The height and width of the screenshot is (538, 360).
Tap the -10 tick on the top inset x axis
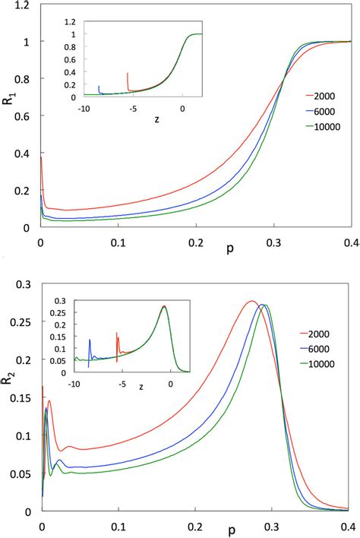point(84,108)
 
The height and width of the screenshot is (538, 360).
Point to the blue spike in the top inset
point(99,89)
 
